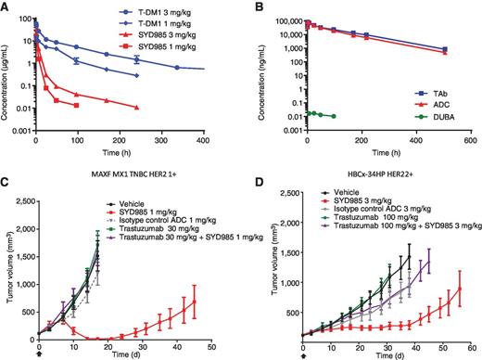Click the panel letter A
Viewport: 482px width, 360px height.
(6, 8)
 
